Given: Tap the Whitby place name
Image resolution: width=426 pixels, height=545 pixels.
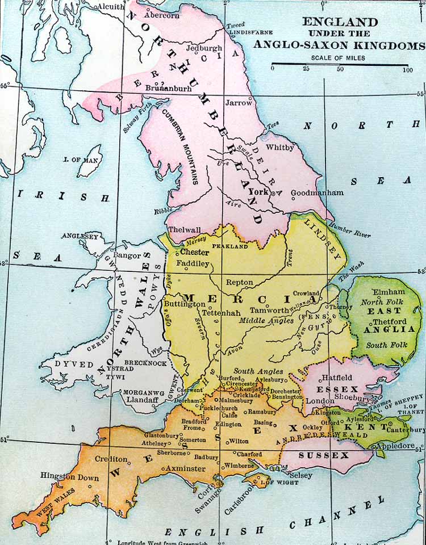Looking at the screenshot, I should click(x=282, y=148).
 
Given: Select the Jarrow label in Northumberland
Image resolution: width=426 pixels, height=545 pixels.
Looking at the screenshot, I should click(x=238, y=103).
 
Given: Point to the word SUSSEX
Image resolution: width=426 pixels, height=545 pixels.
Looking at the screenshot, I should click(x=316, y=456).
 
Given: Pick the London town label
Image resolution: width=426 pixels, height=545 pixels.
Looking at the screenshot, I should click(x=320, y=401).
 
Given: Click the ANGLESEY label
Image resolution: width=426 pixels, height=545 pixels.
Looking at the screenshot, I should click(x=80, y=236).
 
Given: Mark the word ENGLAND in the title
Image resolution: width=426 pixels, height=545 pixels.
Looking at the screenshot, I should click(x=340, y=22).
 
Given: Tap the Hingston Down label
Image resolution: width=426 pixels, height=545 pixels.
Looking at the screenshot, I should click(x=69, y=477).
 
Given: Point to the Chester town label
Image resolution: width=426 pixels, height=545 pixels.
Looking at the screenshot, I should click(x=194, y=252).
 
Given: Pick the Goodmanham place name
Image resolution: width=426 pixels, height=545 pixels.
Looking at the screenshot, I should click(x=317, y=193).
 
